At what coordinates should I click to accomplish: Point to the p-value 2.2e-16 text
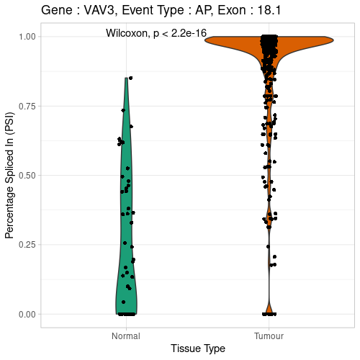pos(186,34)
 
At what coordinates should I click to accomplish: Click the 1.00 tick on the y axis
pos(26,36)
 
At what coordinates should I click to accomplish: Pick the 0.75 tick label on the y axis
pos(26,106)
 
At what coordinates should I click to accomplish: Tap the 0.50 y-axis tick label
pos(26,175)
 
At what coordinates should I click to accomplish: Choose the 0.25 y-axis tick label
pos(26,245)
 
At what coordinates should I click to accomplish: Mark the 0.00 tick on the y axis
pos(26,314)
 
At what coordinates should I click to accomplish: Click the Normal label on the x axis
pos(126,336)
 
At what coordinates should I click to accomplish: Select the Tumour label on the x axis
pos(270,336)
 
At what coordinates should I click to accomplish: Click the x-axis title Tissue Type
pos(198,348)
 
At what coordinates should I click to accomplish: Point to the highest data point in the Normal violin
pos(130,78)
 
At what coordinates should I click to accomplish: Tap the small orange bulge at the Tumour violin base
pos(270,310)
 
